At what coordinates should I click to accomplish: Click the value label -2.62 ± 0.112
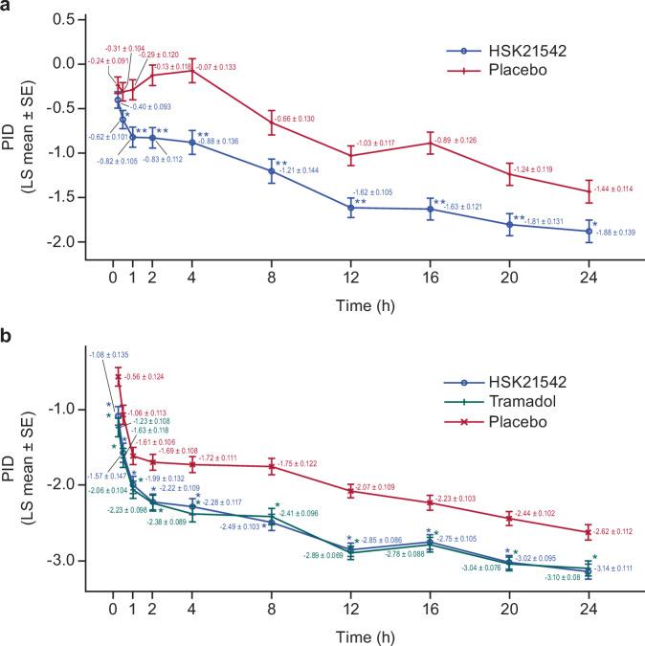[617, 533]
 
